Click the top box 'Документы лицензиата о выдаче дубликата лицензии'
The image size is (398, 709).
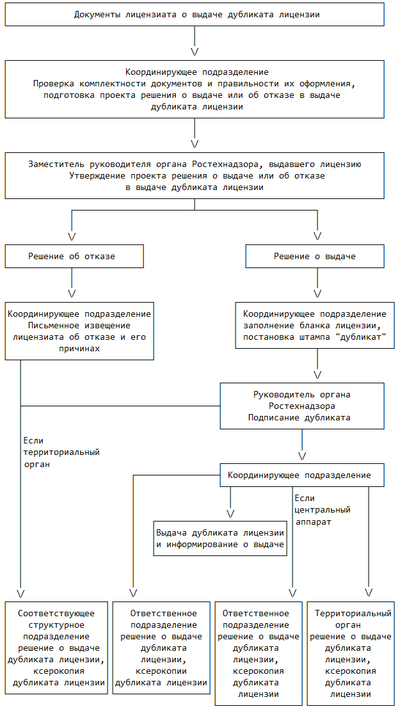point(195,14)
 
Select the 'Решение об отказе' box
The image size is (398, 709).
point(72,256)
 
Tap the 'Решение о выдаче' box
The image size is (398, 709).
point(315,256)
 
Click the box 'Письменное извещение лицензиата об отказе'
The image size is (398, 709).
point(79,331)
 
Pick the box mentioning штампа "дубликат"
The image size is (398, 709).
point(315,326)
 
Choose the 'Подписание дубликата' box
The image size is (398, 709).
point(302,406)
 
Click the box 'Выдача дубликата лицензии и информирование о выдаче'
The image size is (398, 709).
point(220,539)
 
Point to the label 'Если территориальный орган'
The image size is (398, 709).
point(61,452)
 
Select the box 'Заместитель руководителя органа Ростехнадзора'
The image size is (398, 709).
point(195,175)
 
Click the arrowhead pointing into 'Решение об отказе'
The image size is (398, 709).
point(72,236)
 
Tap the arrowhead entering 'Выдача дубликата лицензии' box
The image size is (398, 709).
point(230,513)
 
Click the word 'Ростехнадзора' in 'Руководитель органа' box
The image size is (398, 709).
point(302,406)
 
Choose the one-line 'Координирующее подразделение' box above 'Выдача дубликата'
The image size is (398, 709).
point(304,475)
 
